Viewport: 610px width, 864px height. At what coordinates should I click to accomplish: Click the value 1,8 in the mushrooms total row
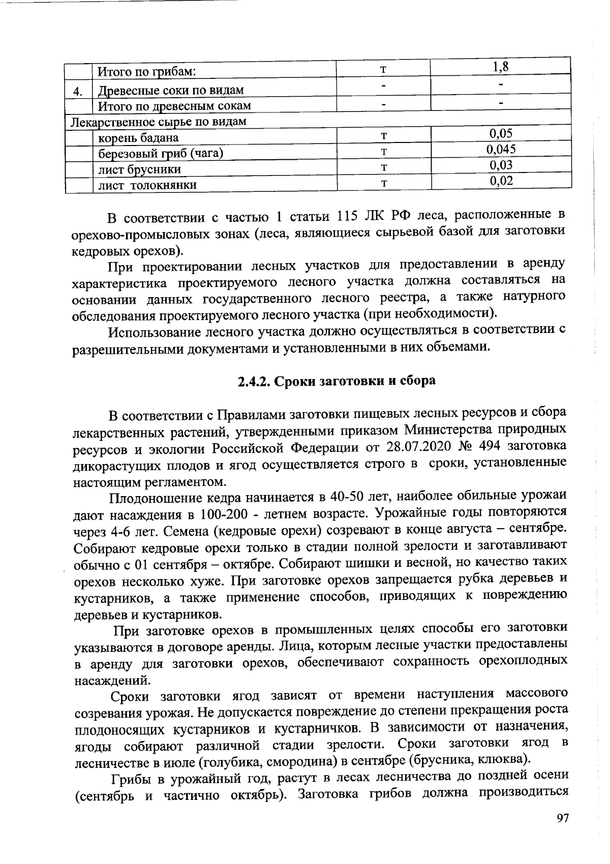pos(501,67)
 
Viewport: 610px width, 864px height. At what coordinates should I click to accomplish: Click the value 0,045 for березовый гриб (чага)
pos(501,149)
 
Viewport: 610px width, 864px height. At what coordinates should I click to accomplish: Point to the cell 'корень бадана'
pos(138,138)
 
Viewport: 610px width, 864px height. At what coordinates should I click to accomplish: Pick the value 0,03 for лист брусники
pos(501,165)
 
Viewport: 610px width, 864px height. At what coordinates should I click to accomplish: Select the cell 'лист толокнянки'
pos(147,185)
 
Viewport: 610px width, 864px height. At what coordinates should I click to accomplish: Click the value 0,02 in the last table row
pos(501,181)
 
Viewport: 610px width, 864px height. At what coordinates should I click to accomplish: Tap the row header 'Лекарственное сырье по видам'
pos(158,122)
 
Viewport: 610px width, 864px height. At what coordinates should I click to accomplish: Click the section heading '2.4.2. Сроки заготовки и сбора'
pos(337,381)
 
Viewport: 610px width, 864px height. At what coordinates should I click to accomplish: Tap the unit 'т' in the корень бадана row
pos(384,136)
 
